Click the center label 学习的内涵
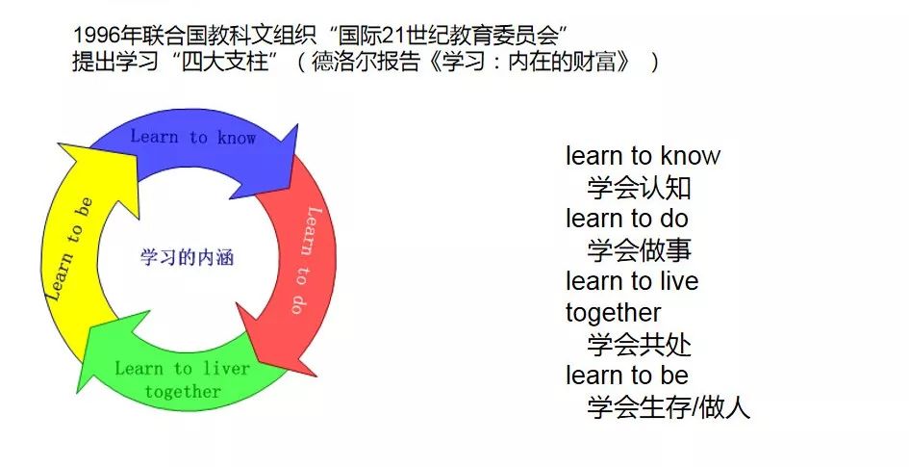(x=187, y=257)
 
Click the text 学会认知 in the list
(x=639, y=188)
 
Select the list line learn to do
(x=626, y=219)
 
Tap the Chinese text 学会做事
(x=639, y=250)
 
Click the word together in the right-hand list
(x=614, y=314)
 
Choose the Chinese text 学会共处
(x=639, y=344)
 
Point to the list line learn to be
(x=626, y=376)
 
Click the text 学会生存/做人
(x=669, y=406)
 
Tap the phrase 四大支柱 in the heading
(x=225, y=61)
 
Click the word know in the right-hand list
(x=690, y=155)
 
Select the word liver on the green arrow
(x=226, y=369)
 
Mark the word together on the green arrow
(x=183, y=392)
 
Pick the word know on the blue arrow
(x=237, y=138)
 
